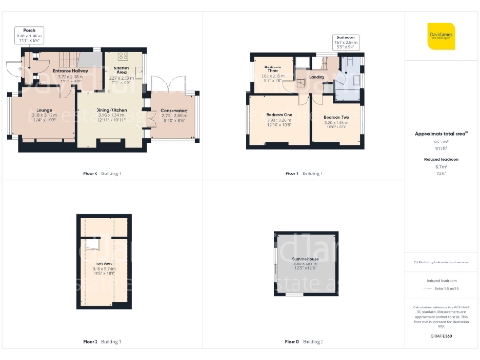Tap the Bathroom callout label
point(345,40)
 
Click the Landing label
point(318,78)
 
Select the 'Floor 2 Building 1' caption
point(103,342)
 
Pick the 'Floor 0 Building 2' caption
point(304,342)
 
